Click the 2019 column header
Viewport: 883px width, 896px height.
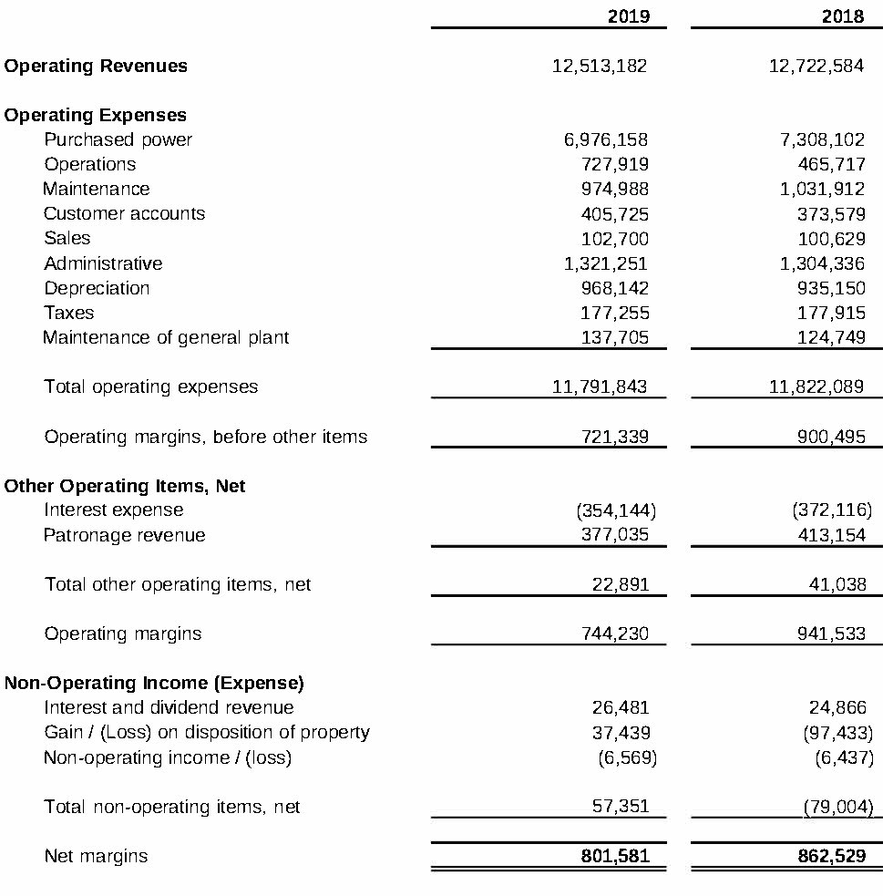pos(628,16)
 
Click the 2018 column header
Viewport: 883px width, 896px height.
pos(842,16)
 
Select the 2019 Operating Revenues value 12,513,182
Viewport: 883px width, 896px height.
pos(600,66)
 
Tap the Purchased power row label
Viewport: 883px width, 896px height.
pos(118,139)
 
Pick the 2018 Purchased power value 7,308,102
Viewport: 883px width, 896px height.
pos(816,139)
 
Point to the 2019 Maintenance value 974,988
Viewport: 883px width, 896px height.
pos(615,189)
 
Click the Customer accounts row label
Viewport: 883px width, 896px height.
pos(124,213)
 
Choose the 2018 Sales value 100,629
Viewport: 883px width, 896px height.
pos(831,238)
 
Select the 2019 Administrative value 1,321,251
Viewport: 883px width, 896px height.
pos(606,263)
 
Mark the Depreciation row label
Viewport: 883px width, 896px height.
pos(97,288)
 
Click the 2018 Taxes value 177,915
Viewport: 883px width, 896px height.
pos(831,313)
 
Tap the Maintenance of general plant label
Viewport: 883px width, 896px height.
pos(166,337)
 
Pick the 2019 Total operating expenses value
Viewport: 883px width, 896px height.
pos(600,386)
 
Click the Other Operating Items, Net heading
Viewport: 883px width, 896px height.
pos(125,486)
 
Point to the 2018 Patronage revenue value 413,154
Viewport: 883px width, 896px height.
pos(831,535)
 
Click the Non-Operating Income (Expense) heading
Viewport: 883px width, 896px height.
pos(154,683)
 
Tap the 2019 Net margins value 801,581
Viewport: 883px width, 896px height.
pos(615,857)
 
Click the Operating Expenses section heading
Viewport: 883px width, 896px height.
pos(96,115)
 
